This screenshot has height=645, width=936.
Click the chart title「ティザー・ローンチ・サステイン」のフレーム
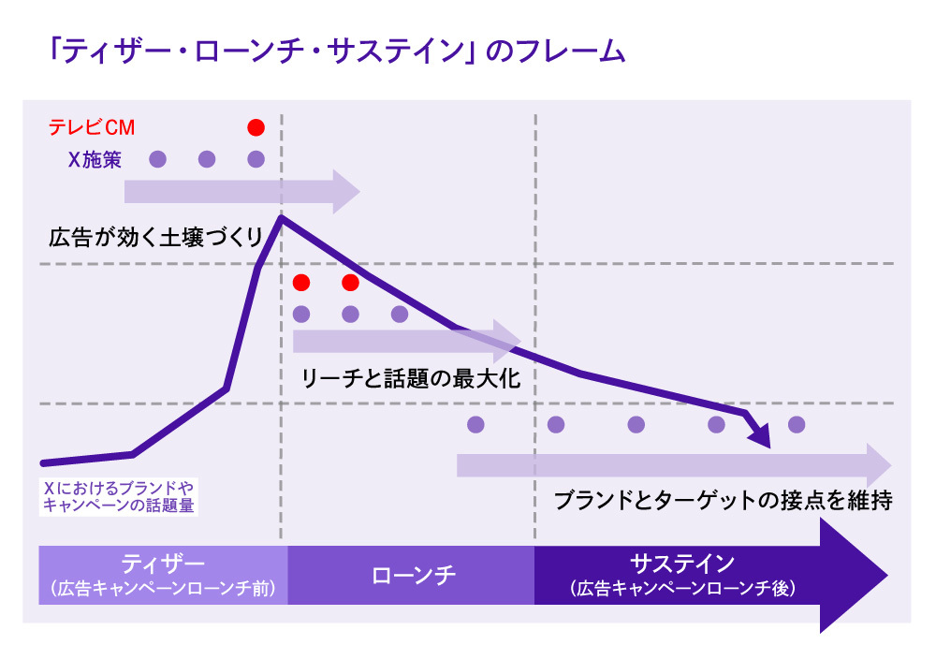336,51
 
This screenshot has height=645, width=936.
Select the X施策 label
95,159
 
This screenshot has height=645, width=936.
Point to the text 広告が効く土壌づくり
156,238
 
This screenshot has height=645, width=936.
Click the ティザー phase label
163,564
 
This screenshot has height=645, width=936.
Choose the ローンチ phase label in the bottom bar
413,575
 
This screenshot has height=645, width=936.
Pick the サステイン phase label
682,564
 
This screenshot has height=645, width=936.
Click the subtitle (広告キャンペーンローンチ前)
163,589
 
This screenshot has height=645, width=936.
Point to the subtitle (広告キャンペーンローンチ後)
682,589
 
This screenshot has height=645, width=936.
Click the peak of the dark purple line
280,218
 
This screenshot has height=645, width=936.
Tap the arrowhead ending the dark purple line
762,436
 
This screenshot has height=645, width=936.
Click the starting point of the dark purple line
43,462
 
